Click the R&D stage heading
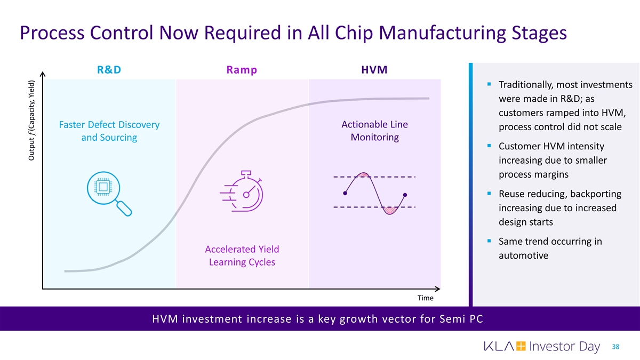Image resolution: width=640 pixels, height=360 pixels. click(109, 70)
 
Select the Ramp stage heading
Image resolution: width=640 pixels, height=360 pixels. click(242, 70)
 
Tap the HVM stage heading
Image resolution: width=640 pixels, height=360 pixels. click(374, 70)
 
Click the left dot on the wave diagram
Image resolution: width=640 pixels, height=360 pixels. click(345, 193)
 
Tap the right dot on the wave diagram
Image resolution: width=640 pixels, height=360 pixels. click(405, 195)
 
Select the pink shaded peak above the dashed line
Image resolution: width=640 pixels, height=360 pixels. click(364, 174)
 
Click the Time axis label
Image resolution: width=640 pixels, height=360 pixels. click(425, 298)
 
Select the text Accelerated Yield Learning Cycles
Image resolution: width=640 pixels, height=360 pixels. click(242, 256)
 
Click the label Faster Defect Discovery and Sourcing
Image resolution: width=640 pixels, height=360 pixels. click(109, 131)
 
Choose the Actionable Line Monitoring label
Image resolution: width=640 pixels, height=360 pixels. click(374, 131)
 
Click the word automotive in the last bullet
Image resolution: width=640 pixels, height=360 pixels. click(523, 256)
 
